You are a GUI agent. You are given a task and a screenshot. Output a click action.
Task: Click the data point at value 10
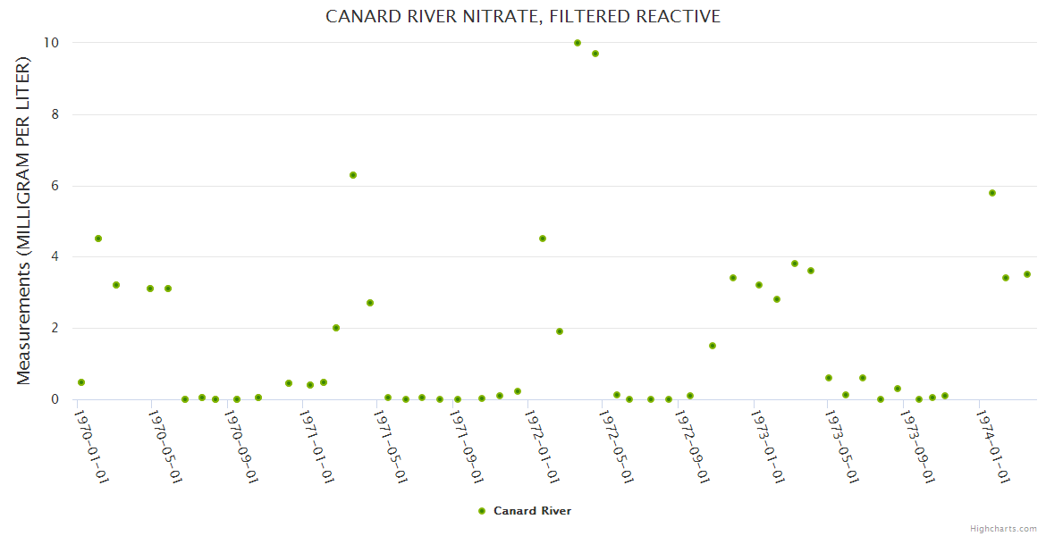578,43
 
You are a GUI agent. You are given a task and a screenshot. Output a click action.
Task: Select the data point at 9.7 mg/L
595,54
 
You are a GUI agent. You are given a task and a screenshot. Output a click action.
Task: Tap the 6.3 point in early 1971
353,175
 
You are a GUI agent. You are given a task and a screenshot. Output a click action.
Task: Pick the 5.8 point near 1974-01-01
992,193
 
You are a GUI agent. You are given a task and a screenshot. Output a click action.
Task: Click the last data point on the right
1027,274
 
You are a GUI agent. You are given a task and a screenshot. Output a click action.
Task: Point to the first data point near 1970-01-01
81,382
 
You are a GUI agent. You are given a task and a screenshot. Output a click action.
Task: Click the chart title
523,17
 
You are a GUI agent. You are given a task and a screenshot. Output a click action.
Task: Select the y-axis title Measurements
24,221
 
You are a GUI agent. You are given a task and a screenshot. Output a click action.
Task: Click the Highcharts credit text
1003,528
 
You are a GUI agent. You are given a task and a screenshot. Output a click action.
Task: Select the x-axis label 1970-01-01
91,447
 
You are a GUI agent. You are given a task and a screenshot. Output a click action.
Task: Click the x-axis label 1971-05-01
392,447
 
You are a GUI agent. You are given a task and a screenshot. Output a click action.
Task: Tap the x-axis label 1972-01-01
543,447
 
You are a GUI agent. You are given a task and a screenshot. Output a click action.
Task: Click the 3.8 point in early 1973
795,264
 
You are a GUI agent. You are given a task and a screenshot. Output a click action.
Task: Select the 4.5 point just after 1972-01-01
543,239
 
